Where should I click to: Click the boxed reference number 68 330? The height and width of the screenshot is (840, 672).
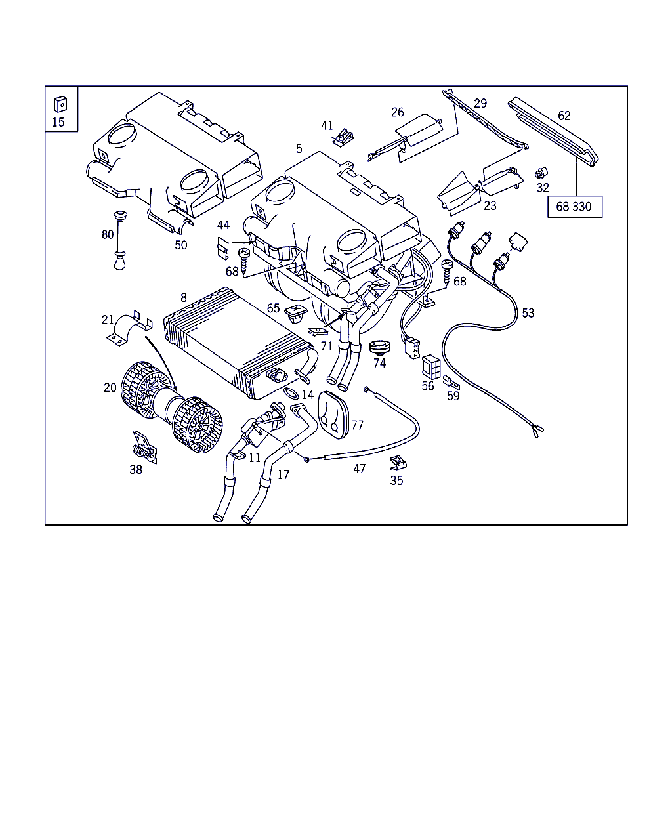574,207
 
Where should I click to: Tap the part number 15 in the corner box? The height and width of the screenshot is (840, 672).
58,122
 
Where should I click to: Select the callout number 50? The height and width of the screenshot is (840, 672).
180,245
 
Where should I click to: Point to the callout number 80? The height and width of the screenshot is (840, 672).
108,234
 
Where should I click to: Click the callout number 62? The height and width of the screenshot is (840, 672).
564,116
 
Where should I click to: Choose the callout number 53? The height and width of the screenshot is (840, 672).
528,313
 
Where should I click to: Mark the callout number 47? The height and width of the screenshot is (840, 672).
359,469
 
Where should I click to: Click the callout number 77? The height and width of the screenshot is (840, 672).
357,425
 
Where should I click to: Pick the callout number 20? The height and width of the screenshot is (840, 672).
110,387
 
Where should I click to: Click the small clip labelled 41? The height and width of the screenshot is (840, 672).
343,138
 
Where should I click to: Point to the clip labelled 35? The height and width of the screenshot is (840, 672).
398,463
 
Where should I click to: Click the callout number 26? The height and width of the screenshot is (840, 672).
398,112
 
